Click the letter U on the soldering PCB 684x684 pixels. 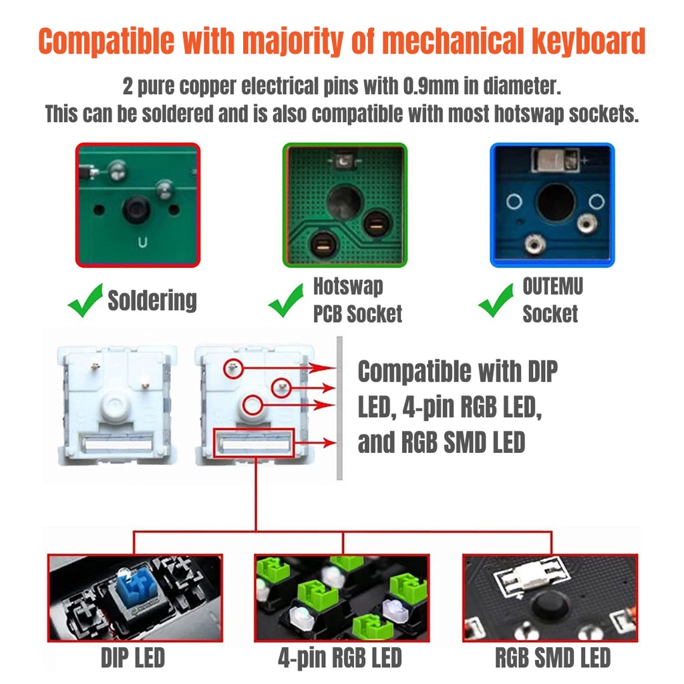[143, 242]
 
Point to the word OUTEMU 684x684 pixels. [552, 287]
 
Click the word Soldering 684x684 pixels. [152, 301]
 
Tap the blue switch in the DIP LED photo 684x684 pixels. [136, 589]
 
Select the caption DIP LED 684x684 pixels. [133, 658]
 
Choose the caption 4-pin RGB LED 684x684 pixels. [340, 658]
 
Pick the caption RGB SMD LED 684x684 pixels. [552, 658]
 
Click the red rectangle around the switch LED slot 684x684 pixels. [253, 430]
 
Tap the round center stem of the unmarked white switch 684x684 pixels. [116, 405]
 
